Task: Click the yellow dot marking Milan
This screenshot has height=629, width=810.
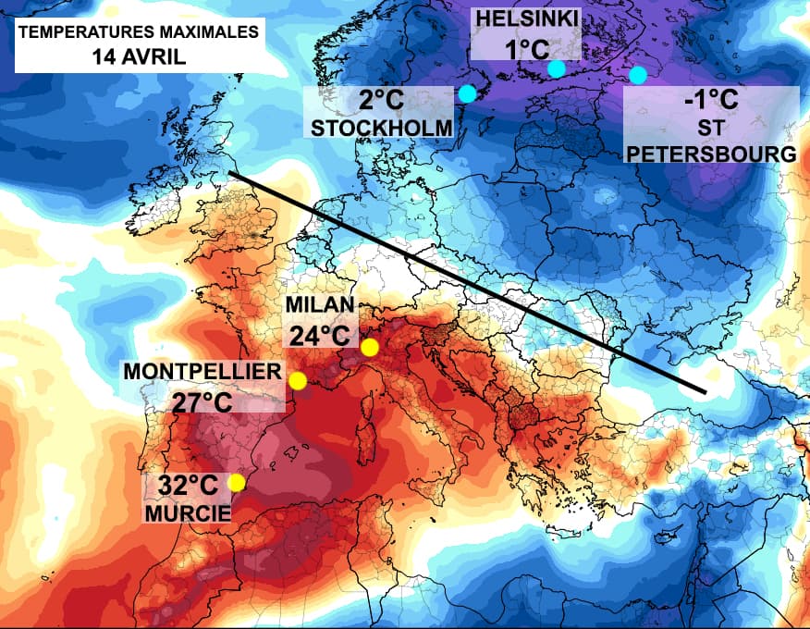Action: point(370,348)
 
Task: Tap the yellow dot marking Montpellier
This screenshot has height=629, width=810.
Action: point(298,381)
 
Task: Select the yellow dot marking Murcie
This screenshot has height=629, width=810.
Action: point(237,482)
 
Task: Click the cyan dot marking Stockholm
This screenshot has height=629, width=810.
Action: point(467,93)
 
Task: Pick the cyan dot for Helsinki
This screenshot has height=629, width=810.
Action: point(556,68)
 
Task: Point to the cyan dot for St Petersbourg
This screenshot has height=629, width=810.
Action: point(638,75)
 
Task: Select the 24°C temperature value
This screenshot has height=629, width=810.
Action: point(320,335)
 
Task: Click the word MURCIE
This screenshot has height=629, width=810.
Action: point(187,511)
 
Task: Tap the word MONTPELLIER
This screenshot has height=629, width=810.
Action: point(202,372)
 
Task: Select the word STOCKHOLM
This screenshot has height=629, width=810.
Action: point(381,128)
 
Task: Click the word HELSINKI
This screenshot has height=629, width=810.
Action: point(526,18)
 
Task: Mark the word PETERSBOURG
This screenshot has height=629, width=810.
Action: point(711,154)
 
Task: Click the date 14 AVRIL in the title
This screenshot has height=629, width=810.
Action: point(139,55)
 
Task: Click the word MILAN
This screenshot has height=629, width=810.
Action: point(319,306)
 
